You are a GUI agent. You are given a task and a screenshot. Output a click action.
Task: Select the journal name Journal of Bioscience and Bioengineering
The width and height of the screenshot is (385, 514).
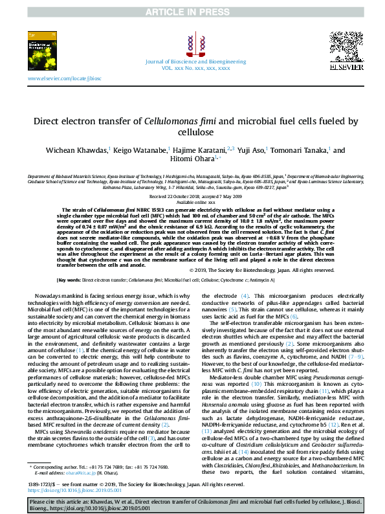point(192,60)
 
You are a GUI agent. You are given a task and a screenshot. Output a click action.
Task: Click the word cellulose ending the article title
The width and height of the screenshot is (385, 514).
point(192,133)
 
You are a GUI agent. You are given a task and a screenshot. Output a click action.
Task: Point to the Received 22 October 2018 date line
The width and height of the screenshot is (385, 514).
point(192,196)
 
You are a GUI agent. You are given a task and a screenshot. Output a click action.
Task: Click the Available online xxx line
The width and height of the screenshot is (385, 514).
point(192,202)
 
